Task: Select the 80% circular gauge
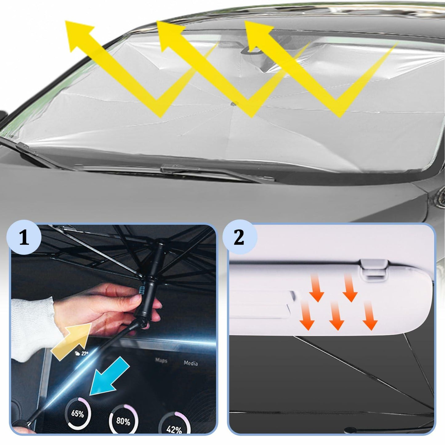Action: pyautogui.click(x=123, y=420)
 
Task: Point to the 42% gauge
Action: pyautogui.click(x=174, y=427)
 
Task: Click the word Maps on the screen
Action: pyautogui.click(x=161, y=360)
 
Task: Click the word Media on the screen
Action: pyautogui.click(x=191, y=363)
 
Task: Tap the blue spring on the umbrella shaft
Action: pyautogui.click(x=142, y=289)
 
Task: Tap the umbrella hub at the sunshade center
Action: pyautogui.click(x=234, y=104)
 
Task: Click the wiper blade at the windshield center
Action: pyautogui.click(x=216, y=172)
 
